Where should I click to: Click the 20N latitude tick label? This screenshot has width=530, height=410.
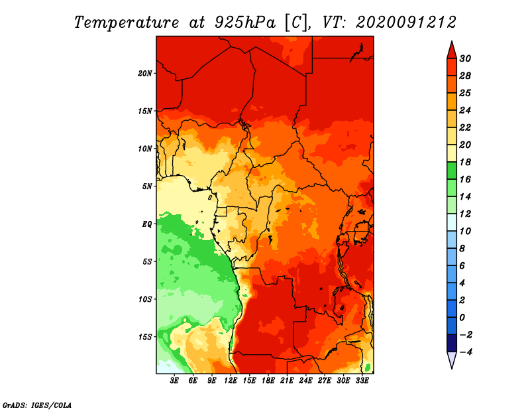point(144,74)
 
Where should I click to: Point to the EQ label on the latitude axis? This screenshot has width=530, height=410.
point(147,224)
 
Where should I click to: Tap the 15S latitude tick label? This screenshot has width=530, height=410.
point(144,337)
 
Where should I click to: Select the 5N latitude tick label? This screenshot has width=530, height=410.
point(147,186)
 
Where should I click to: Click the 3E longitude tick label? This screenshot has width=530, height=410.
point(174,381)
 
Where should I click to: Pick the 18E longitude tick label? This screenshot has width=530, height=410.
point(268,381)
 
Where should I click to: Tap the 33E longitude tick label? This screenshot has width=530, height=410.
point(362,381)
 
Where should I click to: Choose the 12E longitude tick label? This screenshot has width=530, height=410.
point(231,381)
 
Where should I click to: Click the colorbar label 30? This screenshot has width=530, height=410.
point(465,58)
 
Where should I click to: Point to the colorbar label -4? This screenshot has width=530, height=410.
point(465,352)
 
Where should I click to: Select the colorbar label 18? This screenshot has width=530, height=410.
point(465,162)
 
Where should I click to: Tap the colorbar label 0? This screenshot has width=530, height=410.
point(462,318)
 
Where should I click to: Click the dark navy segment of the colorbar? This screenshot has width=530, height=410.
point(452,343)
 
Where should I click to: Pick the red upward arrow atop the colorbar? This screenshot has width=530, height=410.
point(452,50)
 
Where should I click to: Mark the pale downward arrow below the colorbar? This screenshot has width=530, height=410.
point(452,360)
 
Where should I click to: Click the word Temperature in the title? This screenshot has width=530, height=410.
point(127,23)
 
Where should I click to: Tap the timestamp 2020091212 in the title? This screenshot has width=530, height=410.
point(406,23)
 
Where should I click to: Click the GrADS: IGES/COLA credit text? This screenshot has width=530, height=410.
point(37,405)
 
